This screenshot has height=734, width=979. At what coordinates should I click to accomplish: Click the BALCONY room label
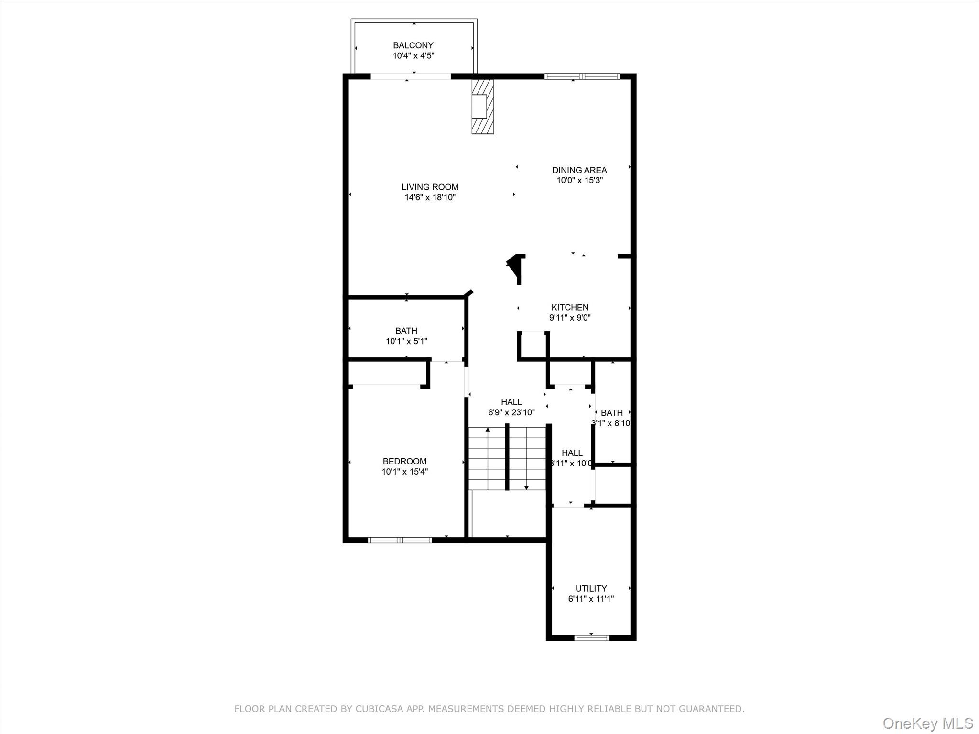pos(413,45)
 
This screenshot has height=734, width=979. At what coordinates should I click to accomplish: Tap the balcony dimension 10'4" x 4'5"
pos(413,56)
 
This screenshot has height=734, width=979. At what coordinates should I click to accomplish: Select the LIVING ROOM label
pos(430,187)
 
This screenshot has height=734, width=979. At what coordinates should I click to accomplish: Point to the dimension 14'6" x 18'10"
pos(430,197)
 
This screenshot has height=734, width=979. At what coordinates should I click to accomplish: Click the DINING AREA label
pos(579,170)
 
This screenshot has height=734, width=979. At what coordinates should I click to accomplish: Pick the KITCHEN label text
pos(570,307)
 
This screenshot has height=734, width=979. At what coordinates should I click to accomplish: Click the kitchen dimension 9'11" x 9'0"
pos(570,318)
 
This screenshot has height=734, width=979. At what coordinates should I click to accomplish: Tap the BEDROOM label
pos(404,461)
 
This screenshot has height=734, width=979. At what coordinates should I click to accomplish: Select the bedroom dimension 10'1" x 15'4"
pos(404,472)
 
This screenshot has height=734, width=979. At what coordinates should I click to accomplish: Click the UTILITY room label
pos(591,588)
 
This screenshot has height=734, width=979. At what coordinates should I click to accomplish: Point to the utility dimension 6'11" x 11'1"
pos(591,599)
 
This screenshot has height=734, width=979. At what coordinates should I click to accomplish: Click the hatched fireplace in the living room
pos(482,106)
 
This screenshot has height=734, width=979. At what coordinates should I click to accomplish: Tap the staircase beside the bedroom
pos(507,458)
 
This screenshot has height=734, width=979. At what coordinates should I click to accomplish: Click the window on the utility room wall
pos(591,637)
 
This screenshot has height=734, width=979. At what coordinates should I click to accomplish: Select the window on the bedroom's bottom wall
pos(400,540)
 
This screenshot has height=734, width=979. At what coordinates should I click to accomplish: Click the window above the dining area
pos(582,76)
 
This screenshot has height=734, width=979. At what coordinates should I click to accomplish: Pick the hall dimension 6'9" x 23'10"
pos(511,412)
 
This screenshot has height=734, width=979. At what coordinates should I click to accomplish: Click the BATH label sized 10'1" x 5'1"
pos(406,331)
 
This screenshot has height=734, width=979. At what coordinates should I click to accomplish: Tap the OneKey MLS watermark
pos(927,723)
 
